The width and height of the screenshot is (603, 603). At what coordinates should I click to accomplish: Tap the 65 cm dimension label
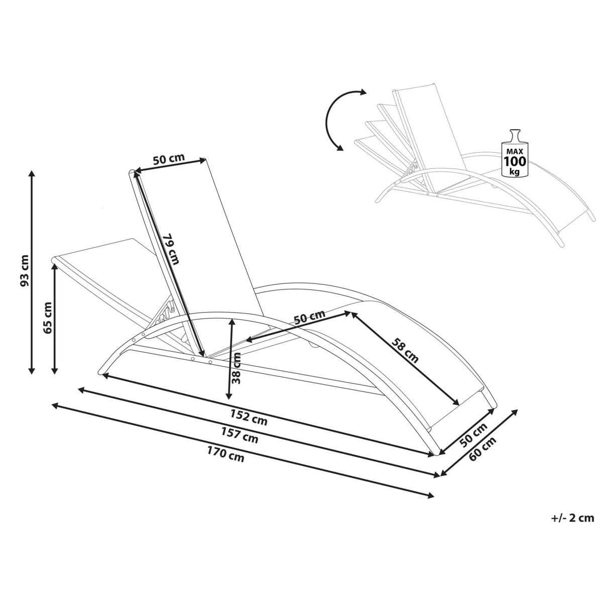(x=48, y=318)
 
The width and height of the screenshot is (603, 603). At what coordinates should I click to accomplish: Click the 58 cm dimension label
(x=405, y=350)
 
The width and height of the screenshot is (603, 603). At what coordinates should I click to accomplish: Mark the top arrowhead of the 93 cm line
(x=32, y=173)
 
